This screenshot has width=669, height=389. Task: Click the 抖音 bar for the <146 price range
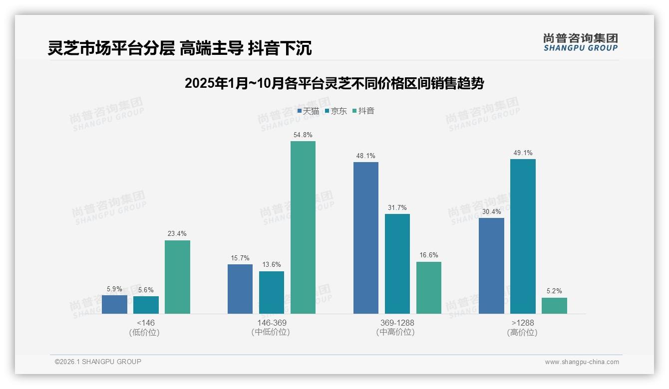[177, 277]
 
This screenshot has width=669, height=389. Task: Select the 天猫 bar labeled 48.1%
[366, 237]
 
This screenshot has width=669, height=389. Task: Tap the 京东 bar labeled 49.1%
[523, 236]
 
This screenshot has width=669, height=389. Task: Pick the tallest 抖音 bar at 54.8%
[303, 227]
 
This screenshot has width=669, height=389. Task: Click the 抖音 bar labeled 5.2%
[554, 305]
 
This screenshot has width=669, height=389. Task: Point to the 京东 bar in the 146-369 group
[272, 292]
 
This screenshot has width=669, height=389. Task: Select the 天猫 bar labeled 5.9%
[114, 304]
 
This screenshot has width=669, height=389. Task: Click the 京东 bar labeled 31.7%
[397, 263]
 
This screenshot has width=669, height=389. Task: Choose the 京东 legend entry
[336, 111]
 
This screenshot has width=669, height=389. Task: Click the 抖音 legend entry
[363, 111]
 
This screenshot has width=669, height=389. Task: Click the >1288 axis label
[523, 323]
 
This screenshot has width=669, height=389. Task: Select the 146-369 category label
[272, 323]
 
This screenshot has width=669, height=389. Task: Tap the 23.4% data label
[177, 233]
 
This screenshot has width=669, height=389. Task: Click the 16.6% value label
[428, 255]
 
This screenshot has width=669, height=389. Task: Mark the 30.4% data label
[491, 211]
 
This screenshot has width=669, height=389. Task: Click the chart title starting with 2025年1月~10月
[334, 83]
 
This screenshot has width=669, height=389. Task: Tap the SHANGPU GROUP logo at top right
[580, 42]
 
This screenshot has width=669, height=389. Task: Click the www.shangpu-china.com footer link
[582, 362]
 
